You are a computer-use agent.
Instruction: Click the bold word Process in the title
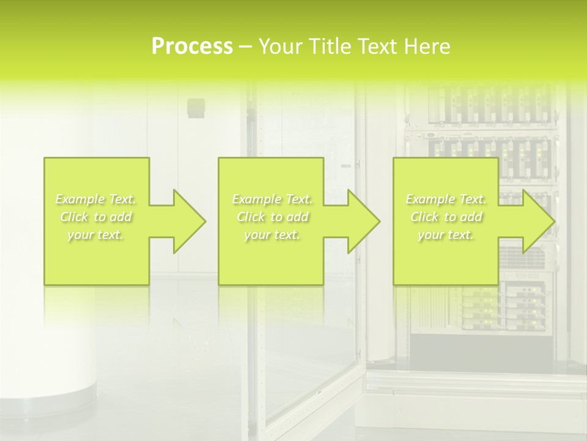[x=192, y=47]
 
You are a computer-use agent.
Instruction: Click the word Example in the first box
[x=78, y=199]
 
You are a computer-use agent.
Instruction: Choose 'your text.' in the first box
[x=96, y=235]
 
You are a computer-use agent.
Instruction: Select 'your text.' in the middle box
[x=271, y=235]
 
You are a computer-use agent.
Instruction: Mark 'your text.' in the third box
[x=446, y=235]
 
